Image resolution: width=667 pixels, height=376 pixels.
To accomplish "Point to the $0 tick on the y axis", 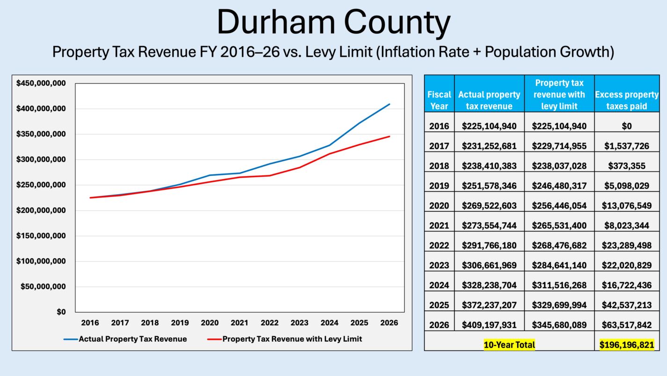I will (x=61, y=312).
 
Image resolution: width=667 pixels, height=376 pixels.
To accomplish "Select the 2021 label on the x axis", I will (x=240, y=323).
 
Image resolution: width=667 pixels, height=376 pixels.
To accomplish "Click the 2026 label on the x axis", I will (x=389, y=323).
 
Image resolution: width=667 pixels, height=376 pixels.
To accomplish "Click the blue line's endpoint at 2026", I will (x=389, y=104).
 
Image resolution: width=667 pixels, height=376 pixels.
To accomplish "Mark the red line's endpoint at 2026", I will (x=389, y=136).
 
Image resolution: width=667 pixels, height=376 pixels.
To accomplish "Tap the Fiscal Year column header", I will (x=439, y=100).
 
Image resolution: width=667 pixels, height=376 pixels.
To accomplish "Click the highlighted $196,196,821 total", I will (x=627, y=345).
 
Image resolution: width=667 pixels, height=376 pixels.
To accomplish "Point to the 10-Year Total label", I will (x=509, y=345).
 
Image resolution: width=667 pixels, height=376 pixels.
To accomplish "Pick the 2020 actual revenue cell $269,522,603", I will (x=489, y=206).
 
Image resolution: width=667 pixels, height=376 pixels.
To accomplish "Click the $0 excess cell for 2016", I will (x=627, y=126).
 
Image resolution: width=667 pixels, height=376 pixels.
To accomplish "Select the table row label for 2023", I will (x=439, y=265).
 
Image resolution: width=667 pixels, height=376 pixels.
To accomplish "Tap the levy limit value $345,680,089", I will (x=559, y=325).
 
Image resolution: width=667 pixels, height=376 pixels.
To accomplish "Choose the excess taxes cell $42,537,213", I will (x=627, y=305).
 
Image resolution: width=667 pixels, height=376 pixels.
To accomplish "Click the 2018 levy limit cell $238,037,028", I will (x=559, y=166).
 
